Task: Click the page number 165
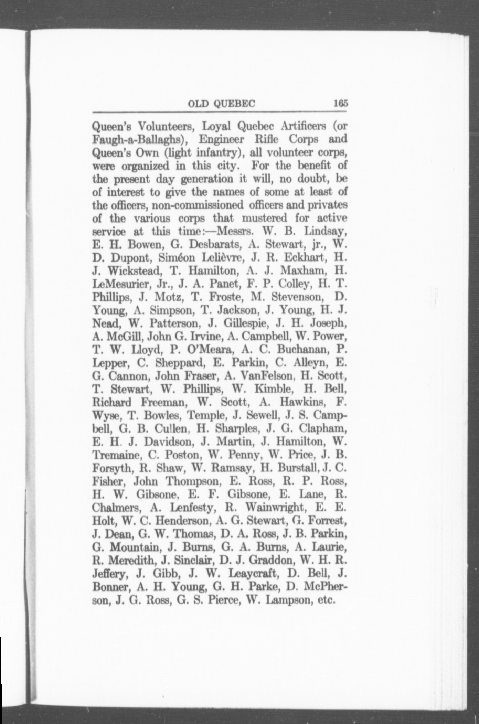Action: point(340,104)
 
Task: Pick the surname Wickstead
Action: point(133,271)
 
